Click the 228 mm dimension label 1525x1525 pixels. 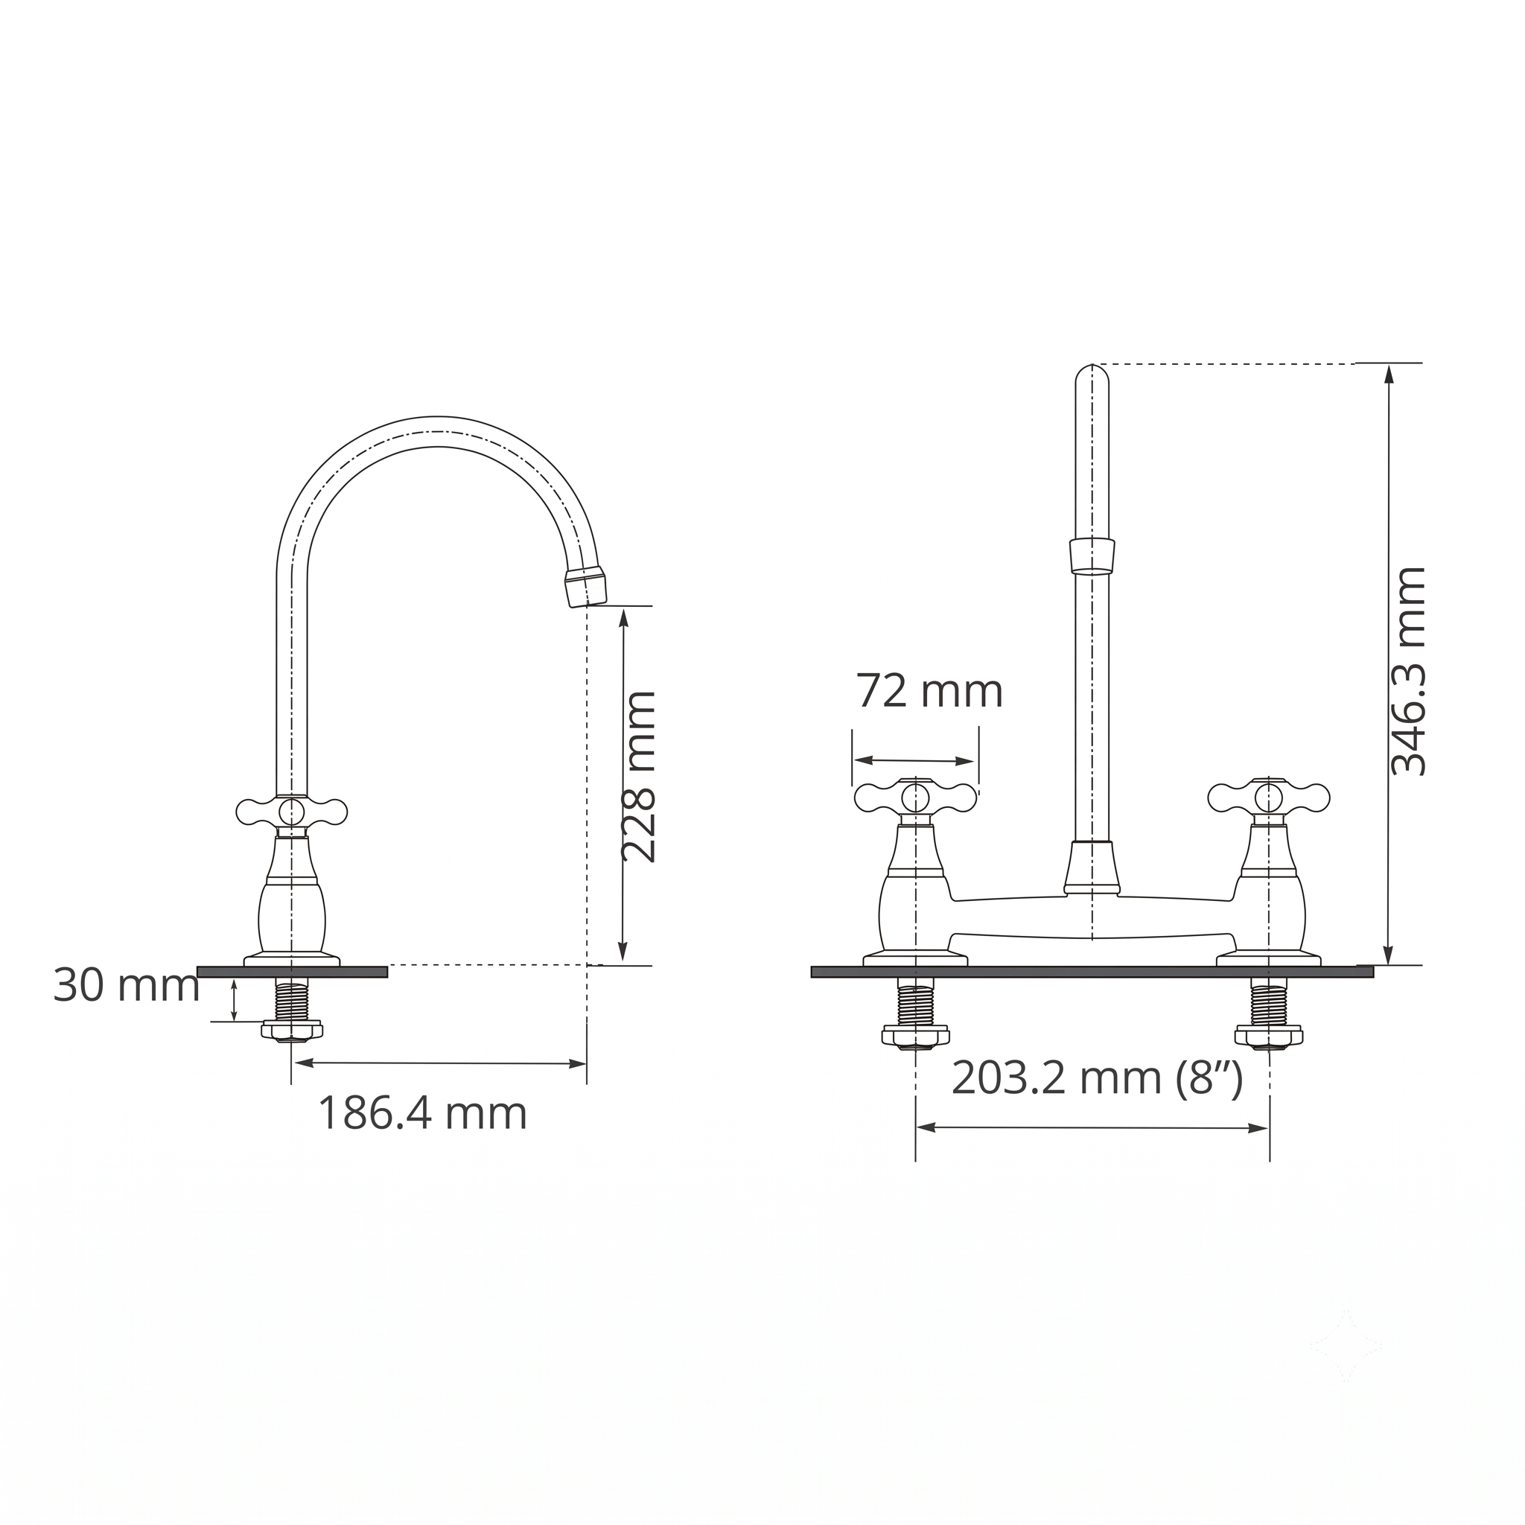pyautogui.click(x=639, y=777)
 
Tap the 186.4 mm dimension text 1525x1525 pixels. pyautogui.click(x=422, y=1114)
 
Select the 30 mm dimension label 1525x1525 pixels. pyautogui.click(x=127, y=986)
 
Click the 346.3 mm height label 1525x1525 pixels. pyautogui.click(x=1408, y=671)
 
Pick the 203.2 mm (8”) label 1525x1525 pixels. pyautogui.click(x=1097, y=1078)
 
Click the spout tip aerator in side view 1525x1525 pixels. pyautogui.click(x=586, y=587)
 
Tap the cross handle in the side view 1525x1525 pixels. pyautogui.click(x=291, y=811)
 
